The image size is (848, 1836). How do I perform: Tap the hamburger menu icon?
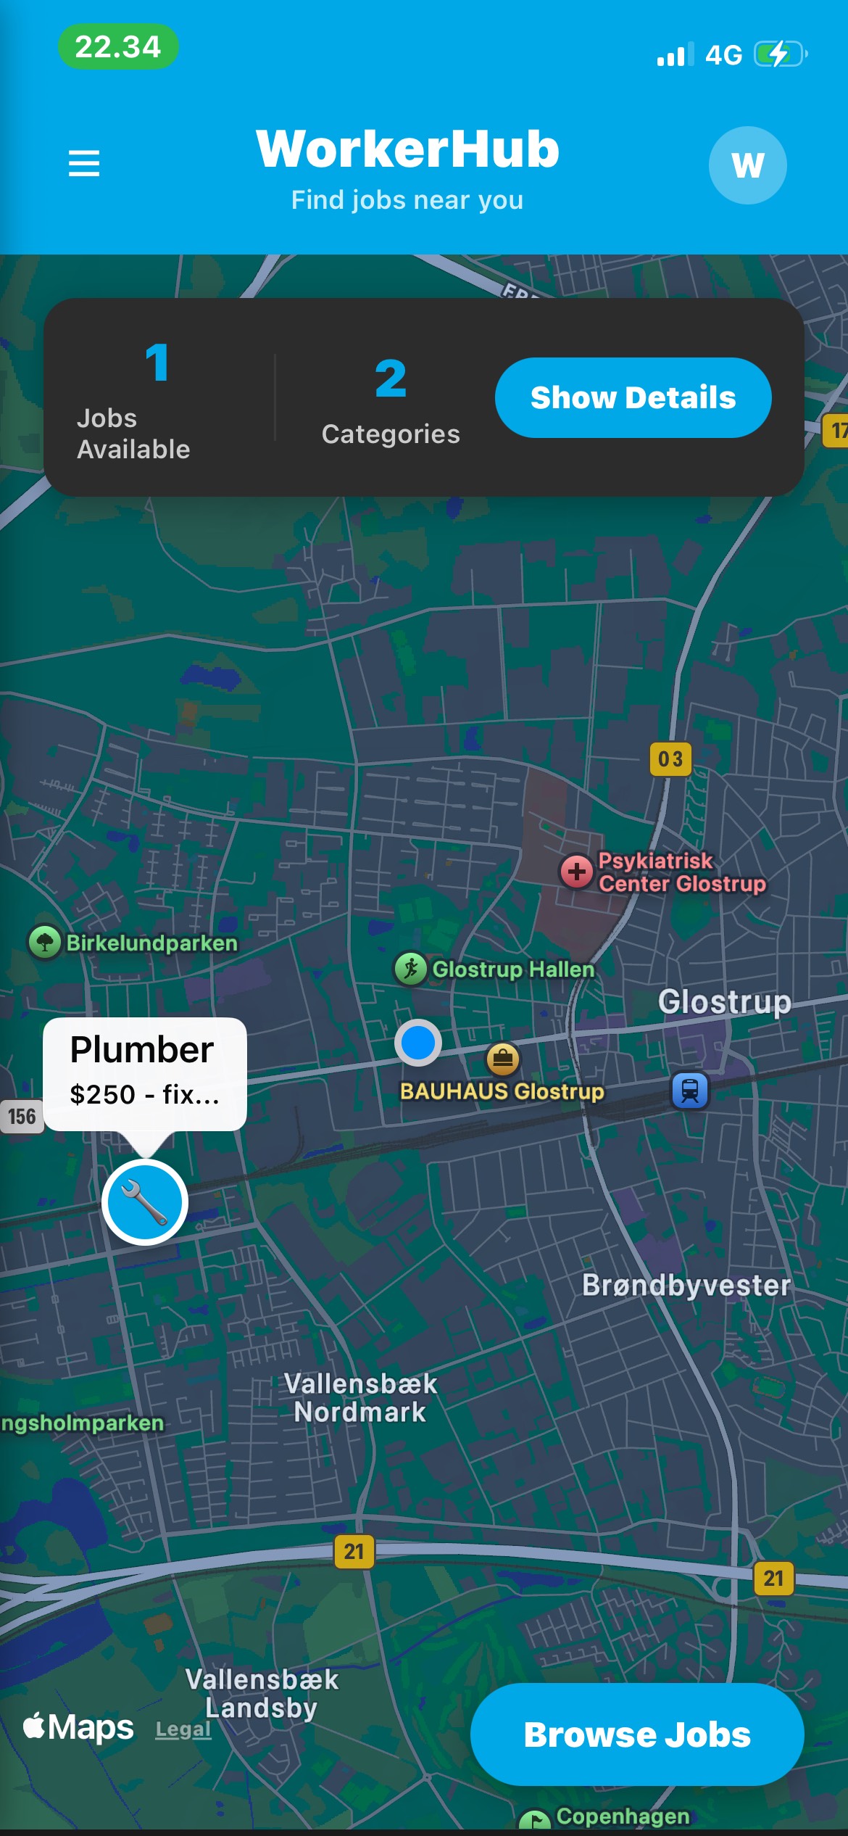click(x=84, y=163)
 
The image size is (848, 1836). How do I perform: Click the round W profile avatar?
click(x=747, y=165)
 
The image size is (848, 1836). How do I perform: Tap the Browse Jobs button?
click(x=637, y=1734)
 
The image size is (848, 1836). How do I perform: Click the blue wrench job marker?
click(x=145, y=1202)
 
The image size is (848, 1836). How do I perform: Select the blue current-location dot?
click(x=418, y=1043)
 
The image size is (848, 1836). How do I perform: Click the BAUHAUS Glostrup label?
click(x=502, y=1091)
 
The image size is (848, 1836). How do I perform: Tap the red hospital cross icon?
click(x=577, y=871)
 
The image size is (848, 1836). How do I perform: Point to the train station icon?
click(x=690, y=1091)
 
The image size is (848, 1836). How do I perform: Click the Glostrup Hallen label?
click(x=512, y=969)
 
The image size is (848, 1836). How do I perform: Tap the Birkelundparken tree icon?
click(x=45, y=943)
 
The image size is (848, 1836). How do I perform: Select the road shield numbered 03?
click(x=670, y=759)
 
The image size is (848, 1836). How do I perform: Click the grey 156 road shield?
click(x=22, y=1116)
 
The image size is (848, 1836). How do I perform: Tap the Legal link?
click(x=183, y=1730)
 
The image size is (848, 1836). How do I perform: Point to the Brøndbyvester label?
click(x=686, y=1286)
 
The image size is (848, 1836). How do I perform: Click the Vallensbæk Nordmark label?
click(x=360, y=1398)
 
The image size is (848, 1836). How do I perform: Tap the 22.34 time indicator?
click(x=118, y=47)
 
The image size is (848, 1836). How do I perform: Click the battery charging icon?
click(x=780, y=54)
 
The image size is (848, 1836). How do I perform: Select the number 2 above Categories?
click(x=391, y=379)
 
